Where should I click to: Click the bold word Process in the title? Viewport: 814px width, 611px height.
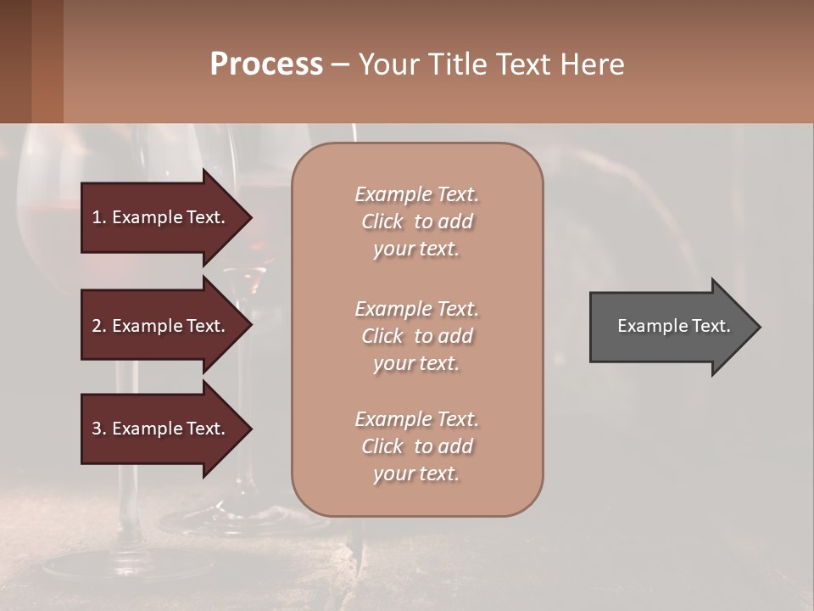coord(266,64)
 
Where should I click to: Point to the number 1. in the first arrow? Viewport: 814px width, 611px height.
coord(99,217)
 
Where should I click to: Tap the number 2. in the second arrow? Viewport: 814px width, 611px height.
coord(99,326)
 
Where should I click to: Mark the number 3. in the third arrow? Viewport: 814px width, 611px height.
coord(99,429)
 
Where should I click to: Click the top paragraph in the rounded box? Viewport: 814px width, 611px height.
coord(416,221)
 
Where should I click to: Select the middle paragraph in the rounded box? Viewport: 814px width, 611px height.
coord(416,336)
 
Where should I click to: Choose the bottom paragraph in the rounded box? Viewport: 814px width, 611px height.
coord(416,446)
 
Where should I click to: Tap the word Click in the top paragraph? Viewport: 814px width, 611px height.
coord(382,221)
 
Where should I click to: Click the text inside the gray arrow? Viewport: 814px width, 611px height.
coord(674,326)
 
